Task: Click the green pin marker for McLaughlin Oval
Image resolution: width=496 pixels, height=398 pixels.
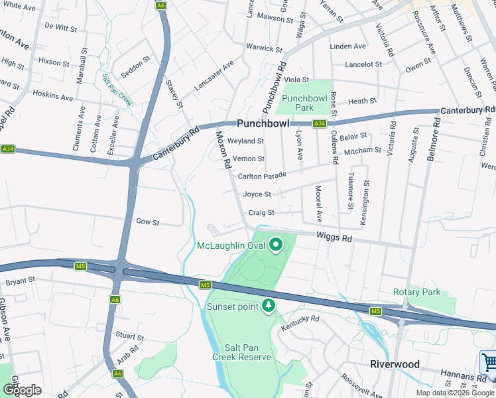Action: tap(275, 245)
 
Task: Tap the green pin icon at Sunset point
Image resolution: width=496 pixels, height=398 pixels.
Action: tap(269, 306)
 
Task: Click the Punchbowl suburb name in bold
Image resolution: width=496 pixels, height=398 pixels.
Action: tap(265, 123)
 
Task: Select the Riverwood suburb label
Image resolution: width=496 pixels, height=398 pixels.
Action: tap(395, 364)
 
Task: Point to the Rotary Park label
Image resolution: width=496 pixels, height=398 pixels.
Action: tap(416, 292)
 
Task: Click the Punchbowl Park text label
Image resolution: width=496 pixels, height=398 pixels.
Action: tap(306, 103)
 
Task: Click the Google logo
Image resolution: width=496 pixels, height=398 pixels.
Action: tap(22, 389)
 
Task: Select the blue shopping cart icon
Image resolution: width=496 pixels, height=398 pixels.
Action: tap(489, 363)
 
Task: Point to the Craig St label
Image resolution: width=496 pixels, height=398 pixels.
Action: tap(261, 213)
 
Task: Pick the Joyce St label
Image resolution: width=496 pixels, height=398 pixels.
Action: tap(257, 194)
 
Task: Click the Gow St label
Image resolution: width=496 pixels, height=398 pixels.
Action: tap(147, 222)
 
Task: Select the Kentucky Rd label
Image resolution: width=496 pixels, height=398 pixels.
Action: tap(300, 319)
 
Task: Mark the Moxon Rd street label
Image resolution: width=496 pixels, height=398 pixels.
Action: tap(222, 149)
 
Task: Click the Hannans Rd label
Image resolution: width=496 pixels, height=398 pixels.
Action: tap(458, 375)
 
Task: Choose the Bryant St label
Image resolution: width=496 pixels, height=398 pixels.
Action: tap(20, 281)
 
